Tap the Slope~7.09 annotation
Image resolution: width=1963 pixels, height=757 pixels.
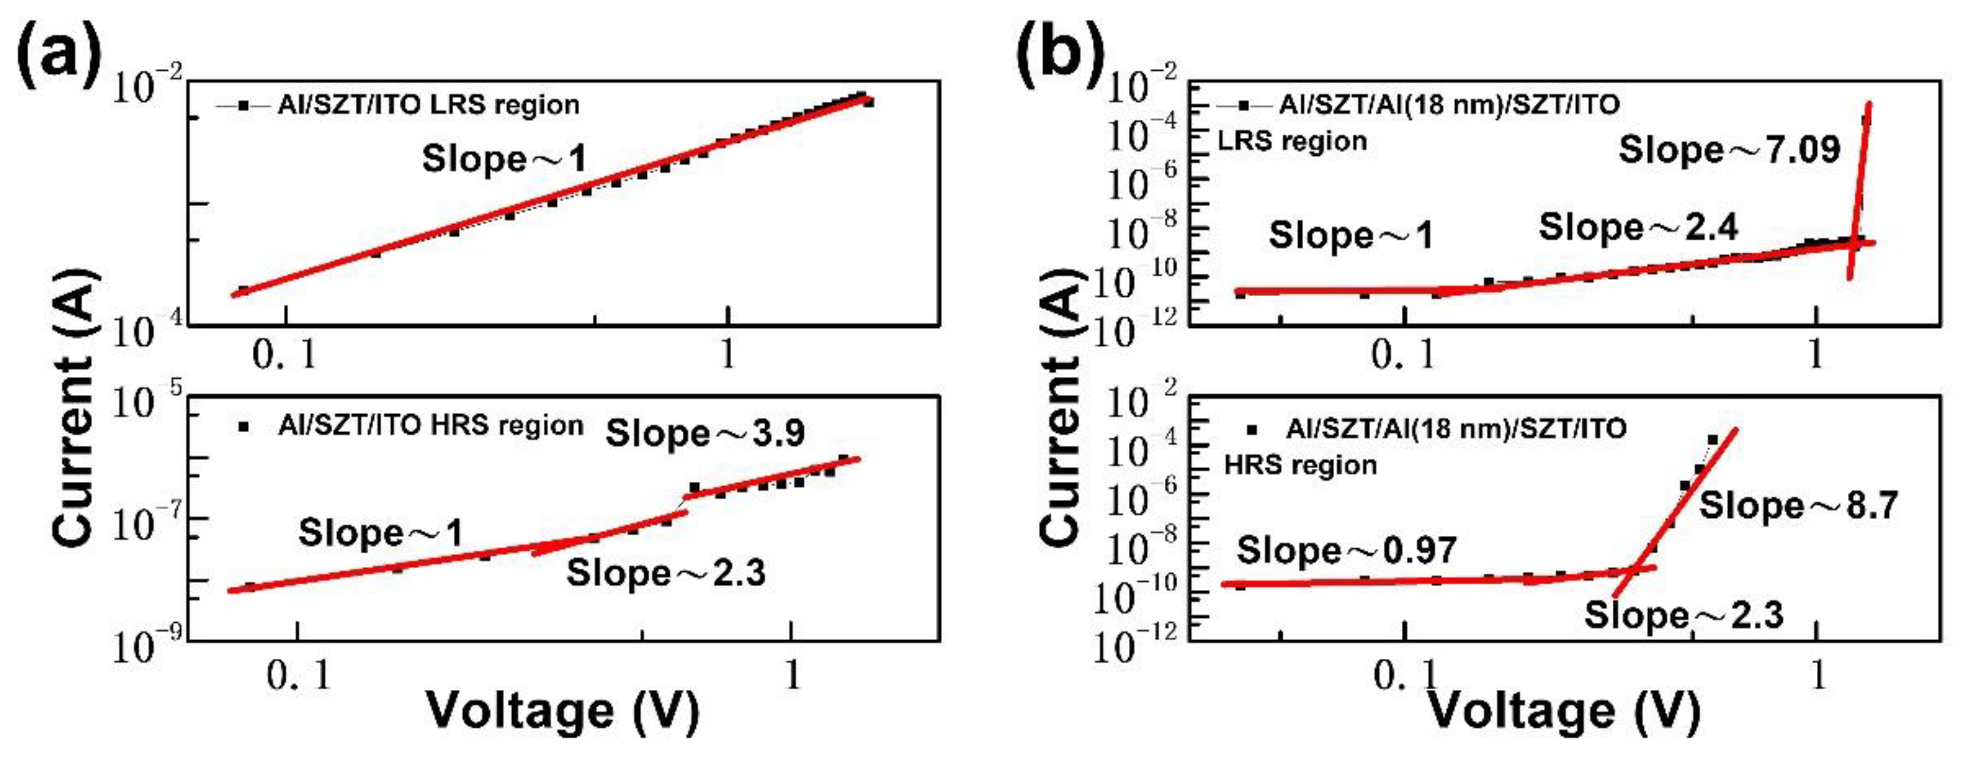tap(1729, 149)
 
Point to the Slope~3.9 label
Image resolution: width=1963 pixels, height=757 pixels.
tap(704, 434)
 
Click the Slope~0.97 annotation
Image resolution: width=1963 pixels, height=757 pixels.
tap(1347, 550)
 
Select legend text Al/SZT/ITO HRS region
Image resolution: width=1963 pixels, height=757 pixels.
tap(431, 426)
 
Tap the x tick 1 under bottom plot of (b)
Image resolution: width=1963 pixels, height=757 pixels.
tap(1818, 675)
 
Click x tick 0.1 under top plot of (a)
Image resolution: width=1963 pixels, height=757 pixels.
tap(285, 354)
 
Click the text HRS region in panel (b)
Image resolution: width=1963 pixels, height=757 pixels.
tap(1300, 465)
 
